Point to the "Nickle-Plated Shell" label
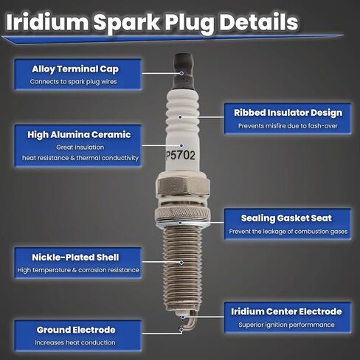point(75,257)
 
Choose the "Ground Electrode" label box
point(76,329)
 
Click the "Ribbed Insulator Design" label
point(288,113)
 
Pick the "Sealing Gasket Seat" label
point(286,218)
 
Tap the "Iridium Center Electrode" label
point(286,311)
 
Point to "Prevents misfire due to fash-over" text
point(287,126)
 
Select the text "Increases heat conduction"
point(76,342)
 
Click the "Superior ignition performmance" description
point(286,325)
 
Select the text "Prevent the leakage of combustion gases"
point(286,232)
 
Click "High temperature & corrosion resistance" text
point(76,270)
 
